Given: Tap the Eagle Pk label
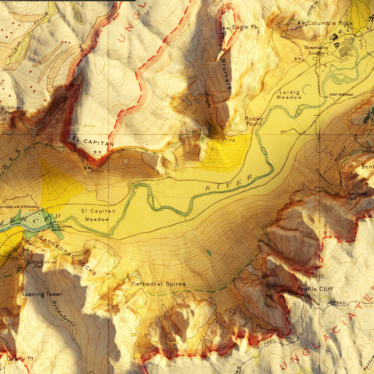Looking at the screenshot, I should click(x=245, y=27).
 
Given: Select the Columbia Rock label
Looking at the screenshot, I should click(x=330, y=23).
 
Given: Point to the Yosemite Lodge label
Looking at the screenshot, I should click(x=316, y=50).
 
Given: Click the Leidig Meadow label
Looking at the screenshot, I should click(x=289, y=95).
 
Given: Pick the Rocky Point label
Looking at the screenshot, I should click(x=254, y=121).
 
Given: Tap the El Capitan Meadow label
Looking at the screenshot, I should click(x=98, y=215).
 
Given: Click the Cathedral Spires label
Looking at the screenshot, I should click(x=159, y=284).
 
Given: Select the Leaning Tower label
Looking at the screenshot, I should click(x=42, y=294).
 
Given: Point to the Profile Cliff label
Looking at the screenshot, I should click(x=315, y=289).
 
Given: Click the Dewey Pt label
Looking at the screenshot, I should click(x=20, y=359).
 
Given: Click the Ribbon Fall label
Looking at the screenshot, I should click(x=11, y=110).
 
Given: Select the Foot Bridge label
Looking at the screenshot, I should click(x=341, y=95).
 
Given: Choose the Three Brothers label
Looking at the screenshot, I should click(x=224, y=61).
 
